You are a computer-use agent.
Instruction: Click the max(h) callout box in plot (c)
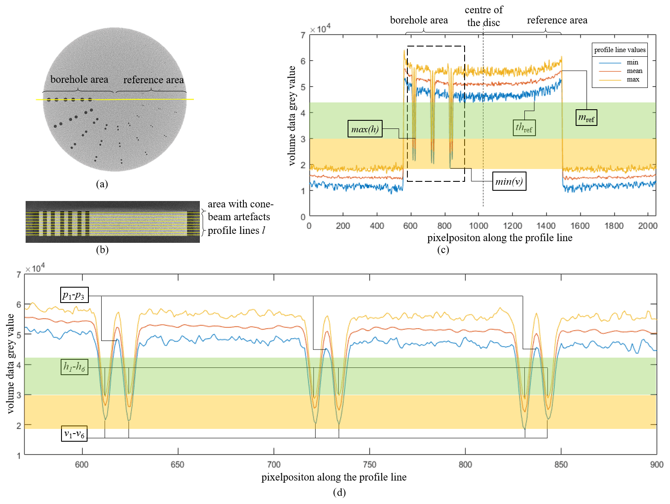tap(365, 129)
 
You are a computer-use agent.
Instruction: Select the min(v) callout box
tap(509, 181)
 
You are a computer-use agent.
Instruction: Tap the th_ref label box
tap(524, 128)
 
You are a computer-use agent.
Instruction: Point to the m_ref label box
tap(586, 118)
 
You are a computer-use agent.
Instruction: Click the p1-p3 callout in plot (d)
tap(74, 295)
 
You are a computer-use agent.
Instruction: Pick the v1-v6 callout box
tap(74, 434)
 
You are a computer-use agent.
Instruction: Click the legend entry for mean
tap(634, 71)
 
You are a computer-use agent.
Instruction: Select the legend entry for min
tap(632, 62)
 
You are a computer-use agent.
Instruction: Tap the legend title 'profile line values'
tap(620, 50)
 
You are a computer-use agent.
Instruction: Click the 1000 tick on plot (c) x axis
tap(478, 226)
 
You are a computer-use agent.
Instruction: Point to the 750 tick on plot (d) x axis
tap(369, 464)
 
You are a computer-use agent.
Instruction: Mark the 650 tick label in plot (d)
tap(178, 464)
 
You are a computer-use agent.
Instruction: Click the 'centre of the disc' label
tap(483, 16)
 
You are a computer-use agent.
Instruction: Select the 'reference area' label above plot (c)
tap(557, 20)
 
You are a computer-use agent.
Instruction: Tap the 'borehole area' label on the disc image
tap(79, 79)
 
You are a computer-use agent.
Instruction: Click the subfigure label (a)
tap(102, 184)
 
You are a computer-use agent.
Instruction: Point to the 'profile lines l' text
tap(237, 230)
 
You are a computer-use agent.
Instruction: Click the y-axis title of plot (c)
tap(292, 116)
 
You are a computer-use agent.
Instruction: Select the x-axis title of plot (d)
tap(334, 477)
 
